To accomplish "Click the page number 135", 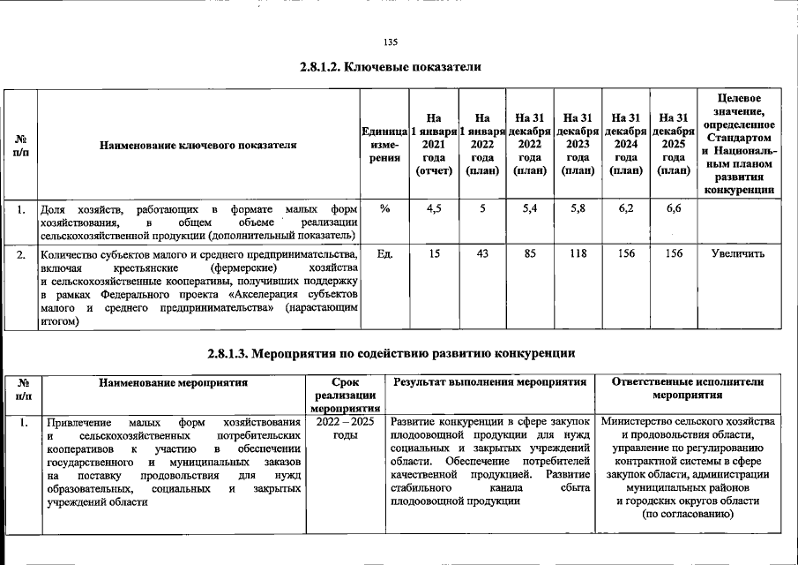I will (x=392, y=42).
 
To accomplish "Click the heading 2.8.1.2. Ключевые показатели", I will (x=392, y=68).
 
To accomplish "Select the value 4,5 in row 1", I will (x=434, y=209).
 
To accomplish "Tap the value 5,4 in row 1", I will (x=530, y=209).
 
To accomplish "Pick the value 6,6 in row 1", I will (x=673, y=209).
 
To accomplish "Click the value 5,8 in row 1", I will (x=578, y=209).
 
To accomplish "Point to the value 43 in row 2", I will (x=481, y=254).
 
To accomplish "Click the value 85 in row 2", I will (x=530, y=254).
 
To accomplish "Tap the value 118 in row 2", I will (x=578, y=254).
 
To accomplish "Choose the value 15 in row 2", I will (x=434, y=254).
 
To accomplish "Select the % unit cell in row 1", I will (x=384, y=209).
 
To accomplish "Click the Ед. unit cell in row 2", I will (x=384, y=254).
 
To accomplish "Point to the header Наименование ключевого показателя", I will (x=198, y=144).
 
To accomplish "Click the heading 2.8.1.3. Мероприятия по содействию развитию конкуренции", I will (x=392, y=354).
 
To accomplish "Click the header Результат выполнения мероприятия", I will (x=490, y=383).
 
